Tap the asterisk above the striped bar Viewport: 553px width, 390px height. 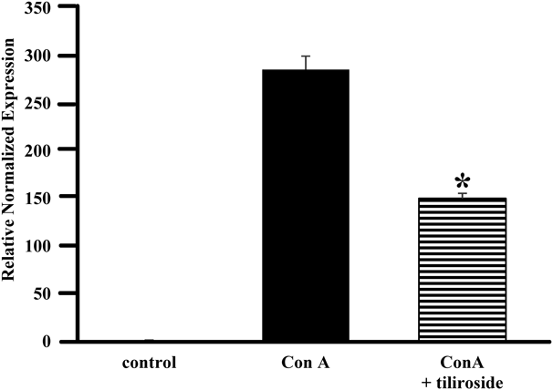462,180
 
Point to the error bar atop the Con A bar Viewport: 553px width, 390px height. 305,62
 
